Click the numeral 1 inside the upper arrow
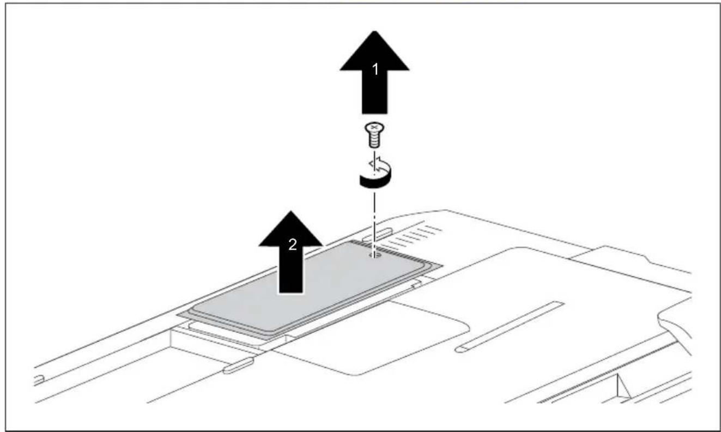tap(375, 69)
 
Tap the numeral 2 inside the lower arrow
tap(293, 245)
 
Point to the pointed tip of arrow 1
tap(374, 31)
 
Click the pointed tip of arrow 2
tap(291, 211)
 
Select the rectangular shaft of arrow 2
tap(291, 270)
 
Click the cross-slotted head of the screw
tap(374, 127)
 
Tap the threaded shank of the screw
tap(374, 140)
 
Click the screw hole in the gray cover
tap(374, 255)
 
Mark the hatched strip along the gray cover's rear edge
tap(396, 253)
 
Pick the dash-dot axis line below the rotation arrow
tap(374, 222)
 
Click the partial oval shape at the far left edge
tap(39, 380)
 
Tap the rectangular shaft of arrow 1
tap(374, 92)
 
